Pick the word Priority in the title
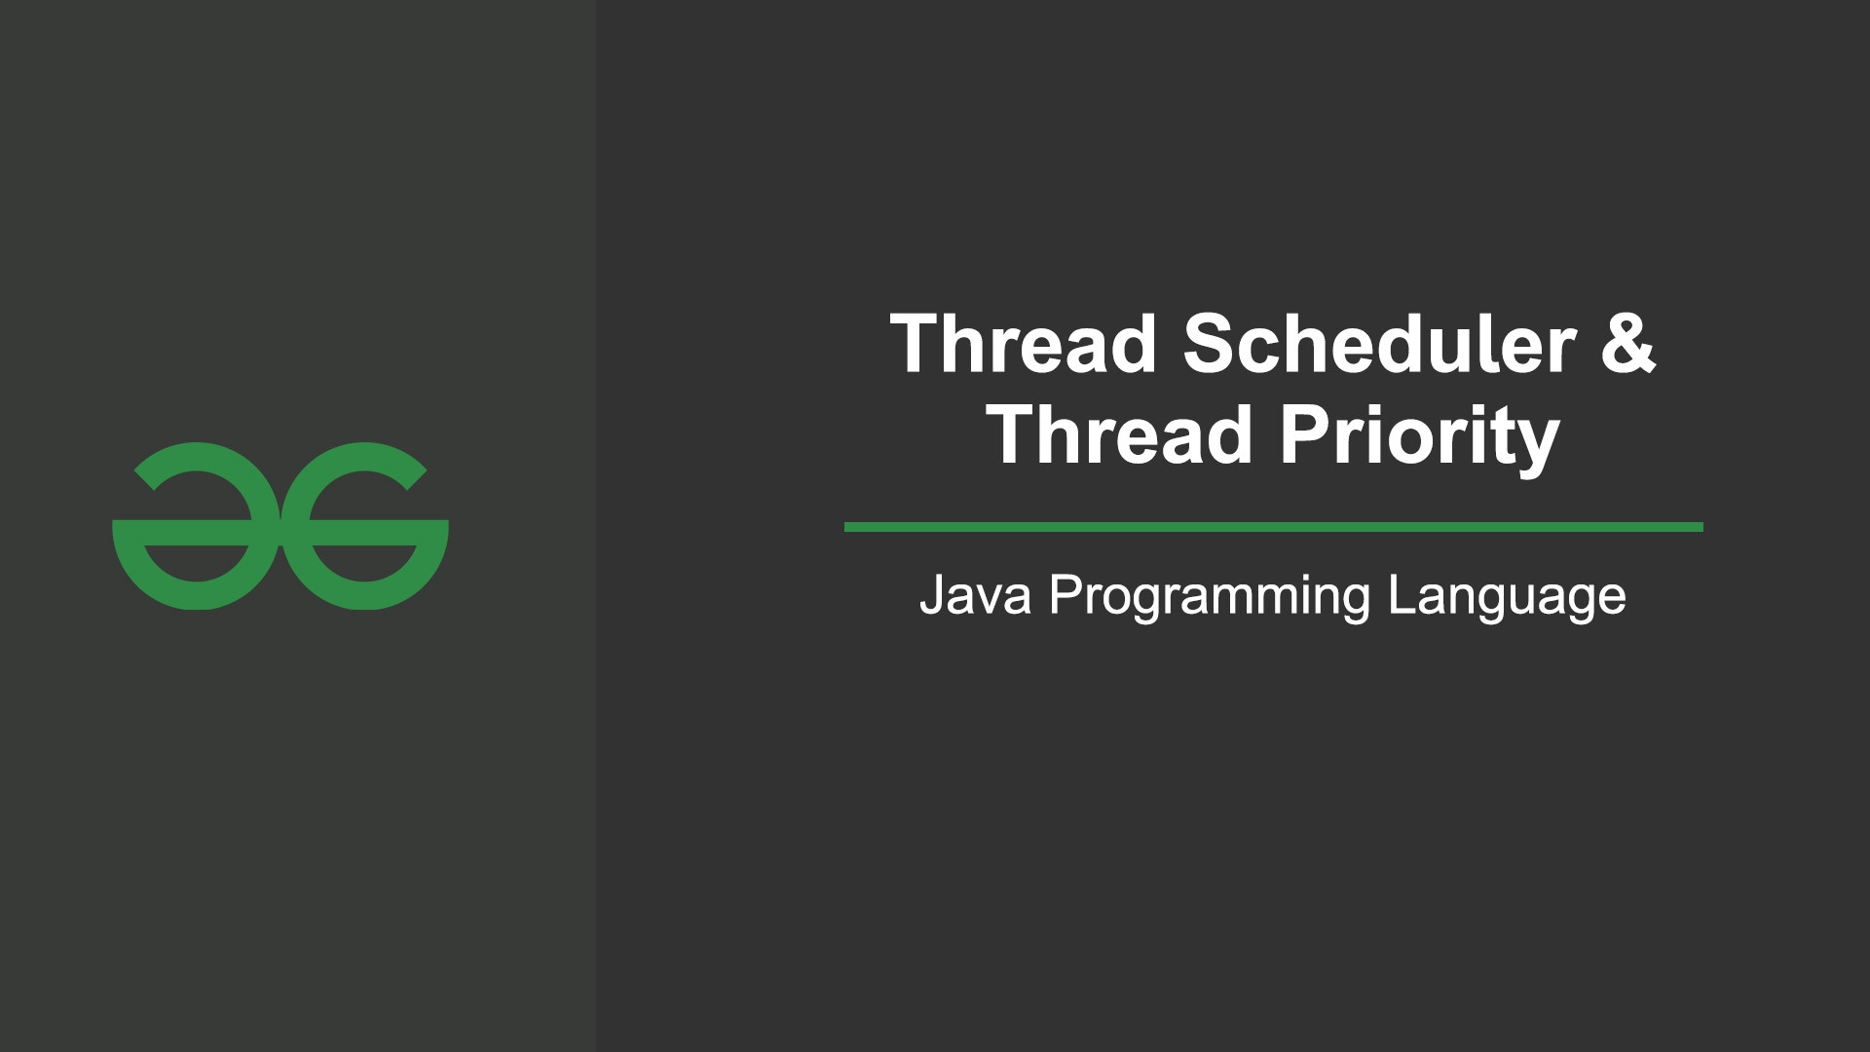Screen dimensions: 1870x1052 coord(1420,438)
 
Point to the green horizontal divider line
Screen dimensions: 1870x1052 coord(1273,527)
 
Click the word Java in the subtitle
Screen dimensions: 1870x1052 coord(975,595)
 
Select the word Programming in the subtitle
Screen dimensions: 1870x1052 coord(1210,597)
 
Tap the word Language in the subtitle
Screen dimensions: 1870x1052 coord(1507,597)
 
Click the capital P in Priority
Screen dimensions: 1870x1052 coord(1306,434)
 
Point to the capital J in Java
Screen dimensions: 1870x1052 coord(933,595)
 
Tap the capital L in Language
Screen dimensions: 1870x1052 coord(1402,594)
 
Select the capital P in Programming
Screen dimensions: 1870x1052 coord(1066,594)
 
